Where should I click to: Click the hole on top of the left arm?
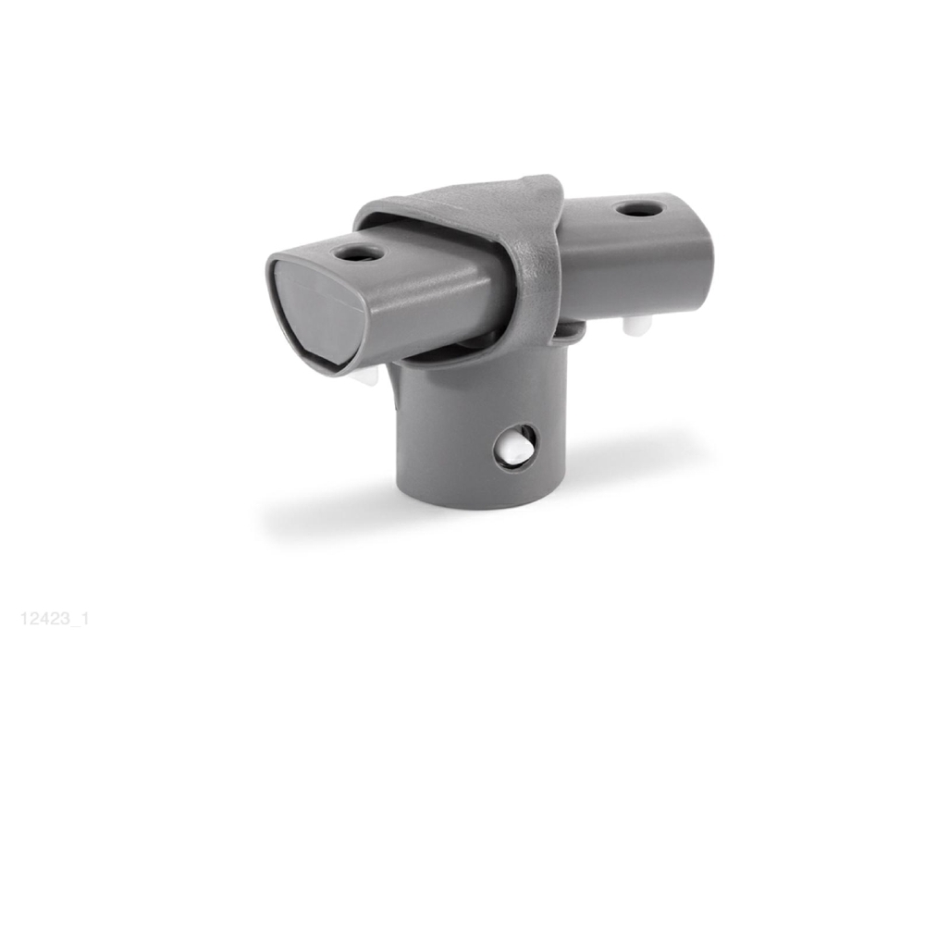[x=357, y=254]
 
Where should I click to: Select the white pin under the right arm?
[x=637, y=323]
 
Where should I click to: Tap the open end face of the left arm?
[x=315, y=315]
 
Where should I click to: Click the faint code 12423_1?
[x=55, y=619]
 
